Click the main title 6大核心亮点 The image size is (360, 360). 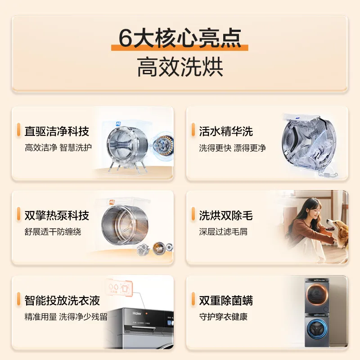pyautogui.click(x=180, y=38)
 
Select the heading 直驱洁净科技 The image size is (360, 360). pyautogui.click(x=57, y=131)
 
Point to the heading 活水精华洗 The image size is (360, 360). pyautogui.click(x=226, y=131)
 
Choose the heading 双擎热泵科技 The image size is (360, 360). pyautogui.click(x=57, y=216)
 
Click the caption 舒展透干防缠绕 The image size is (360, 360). pyautogui.click(x=53, y=232)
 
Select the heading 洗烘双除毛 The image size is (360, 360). pyautogui.click(x=226, y=216)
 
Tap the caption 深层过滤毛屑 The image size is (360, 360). pyautogui.click(x=224, y=232)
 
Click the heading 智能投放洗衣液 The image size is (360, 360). pyautogui.click(x=62, y=300)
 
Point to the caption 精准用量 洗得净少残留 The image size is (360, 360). pyautogui.click(x=66, y=317)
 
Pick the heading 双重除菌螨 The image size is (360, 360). pyautogui.click(x=226, y=300)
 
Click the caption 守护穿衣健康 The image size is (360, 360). pyautogui.click(x=224, y=317)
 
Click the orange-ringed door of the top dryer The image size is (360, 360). pyautogui.click(x=319, y=297)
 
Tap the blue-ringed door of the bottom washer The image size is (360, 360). pyautogui.click(x=319, y=335)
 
